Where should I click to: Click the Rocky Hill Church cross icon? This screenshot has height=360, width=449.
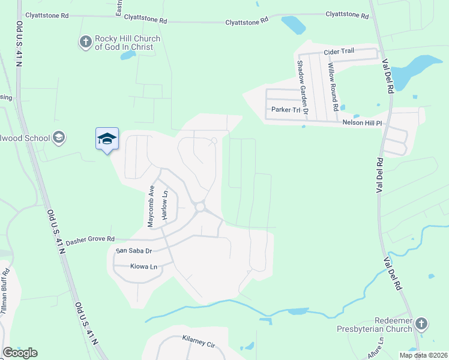point(85,42)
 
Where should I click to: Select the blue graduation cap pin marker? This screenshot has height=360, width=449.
point(107,139)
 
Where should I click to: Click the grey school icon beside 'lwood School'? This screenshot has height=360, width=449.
point(59,138)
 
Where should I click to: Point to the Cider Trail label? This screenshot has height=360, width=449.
point(339,52)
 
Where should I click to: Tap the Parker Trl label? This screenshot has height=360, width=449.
point(285,110)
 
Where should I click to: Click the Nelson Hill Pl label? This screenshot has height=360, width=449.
point(362,122)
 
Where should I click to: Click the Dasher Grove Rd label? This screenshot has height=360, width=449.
point(90,241)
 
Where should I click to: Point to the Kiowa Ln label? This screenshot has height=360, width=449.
point(143,266)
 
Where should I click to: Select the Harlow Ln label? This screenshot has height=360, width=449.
point(164,207)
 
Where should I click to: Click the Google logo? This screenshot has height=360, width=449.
point(20,353)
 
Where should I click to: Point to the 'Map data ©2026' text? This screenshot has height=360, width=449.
point(423,355)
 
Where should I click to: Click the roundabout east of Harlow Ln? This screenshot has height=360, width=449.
point(200,208)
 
